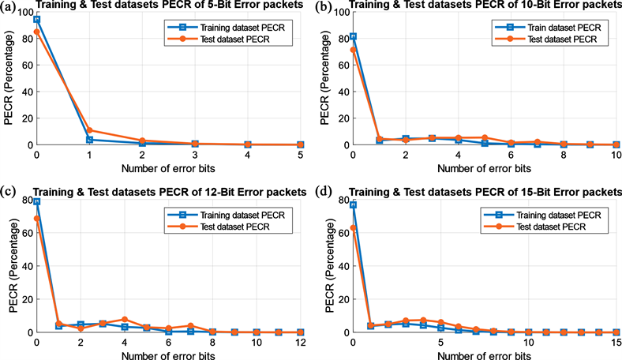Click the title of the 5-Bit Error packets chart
(167, 6)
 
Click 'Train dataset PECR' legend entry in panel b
(547, 27)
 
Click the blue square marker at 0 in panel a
(37, 19)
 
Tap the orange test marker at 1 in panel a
(90, 130)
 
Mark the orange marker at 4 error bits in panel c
(125, 319)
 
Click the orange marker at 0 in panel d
(354, 228)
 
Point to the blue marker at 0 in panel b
(354, 36)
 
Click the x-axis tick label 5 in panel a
(300, 156)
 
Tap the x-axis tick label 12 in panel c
(300, 343)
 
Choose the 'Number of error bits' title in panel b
(485, 167)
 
